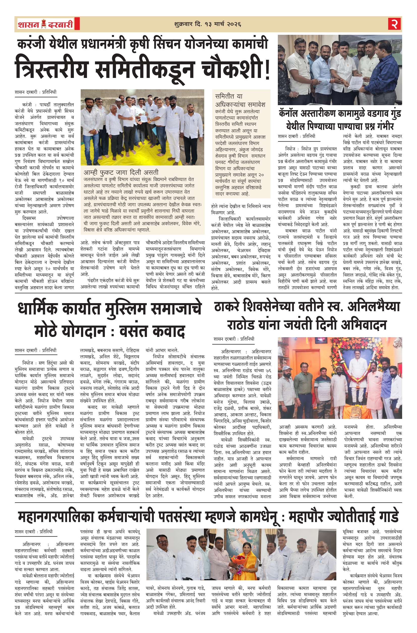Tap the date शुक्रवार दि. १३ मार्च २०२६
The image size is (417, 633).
pyautogui.click(x=208, y=24)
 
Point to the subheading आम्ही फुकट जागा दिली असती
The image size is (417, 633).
pyautogui.click(x=121, y=172)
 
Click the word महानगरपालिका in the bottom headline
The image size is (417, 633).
pyautogui.click(x=56, y=517)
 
